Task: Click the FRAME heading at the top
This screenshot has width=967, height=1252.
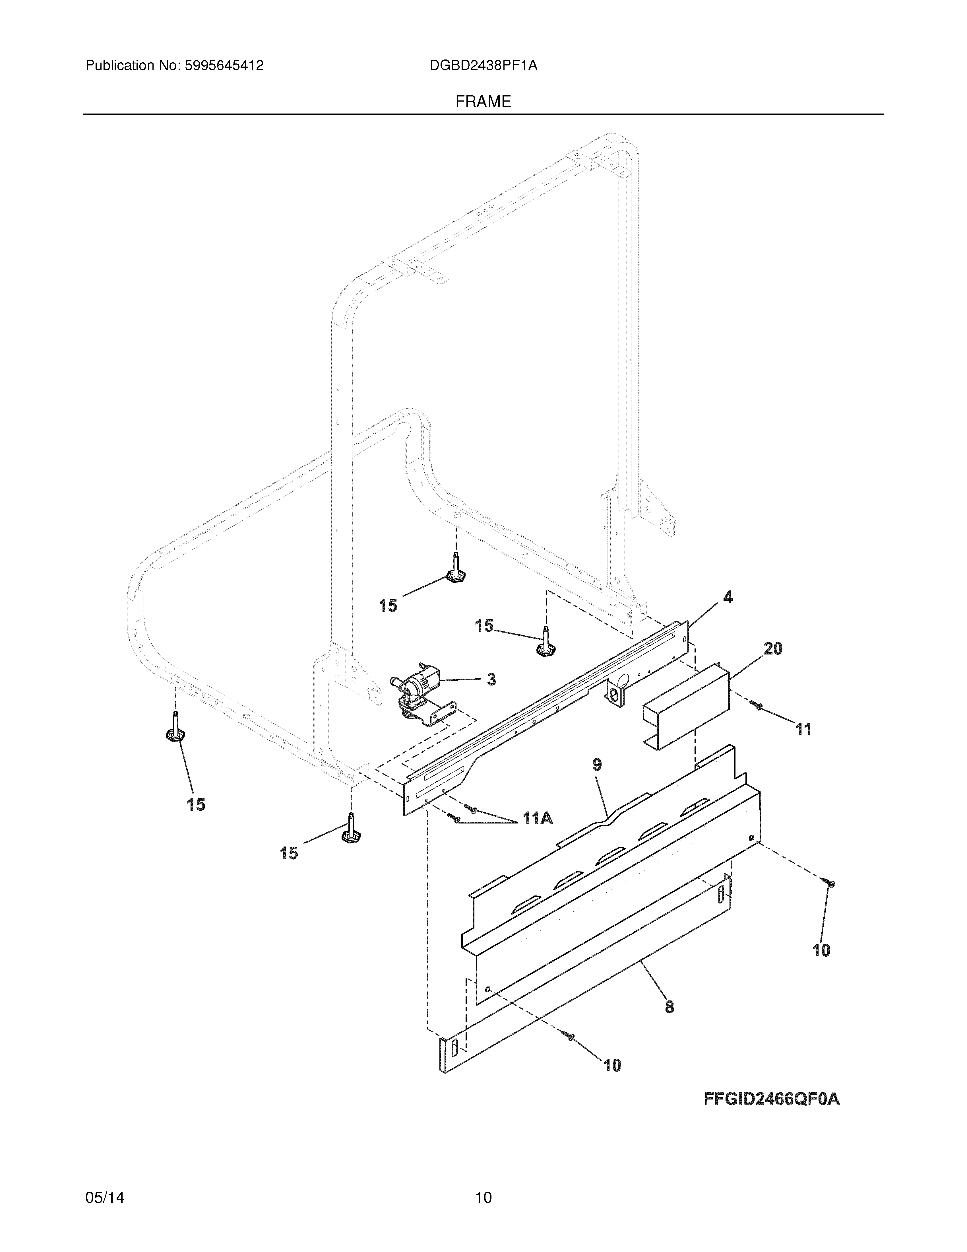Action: (x=483, y=102)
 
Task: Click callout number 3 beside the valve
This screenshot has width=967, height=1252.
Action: (x=491, y=680)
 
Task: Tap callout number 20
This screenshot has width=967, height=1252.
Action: (x=773, y=649)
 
